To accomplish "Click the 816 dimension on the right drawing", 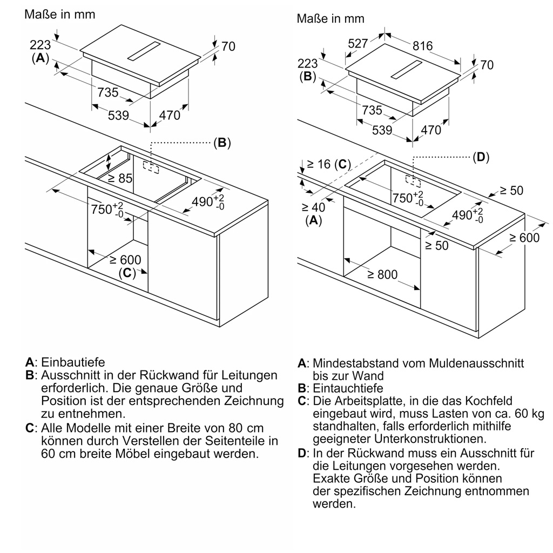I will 423,46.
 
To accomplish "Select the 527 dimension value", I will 358,44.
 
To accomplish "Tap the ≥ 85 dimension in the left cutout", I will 120,178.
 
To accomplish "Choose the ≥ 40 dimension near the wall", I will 313,207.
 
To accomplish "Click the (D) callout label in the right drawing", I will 481,157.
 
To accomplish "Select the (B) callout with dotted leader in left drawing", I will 222,143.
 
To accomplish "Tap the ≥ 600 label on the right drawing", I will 524,238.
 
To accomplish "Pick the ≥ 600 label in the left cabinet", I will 125,260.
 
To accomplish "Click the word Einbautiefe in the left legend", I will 73,362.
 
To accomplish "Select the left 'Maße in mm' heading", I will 59,14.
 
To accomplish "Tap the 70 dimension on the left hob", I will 228,46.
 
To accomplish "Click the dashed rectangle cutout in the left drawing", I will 151,168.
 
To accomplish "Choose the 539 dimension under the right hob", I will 382,130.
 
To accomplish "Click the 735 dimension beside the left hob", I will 107,92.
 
